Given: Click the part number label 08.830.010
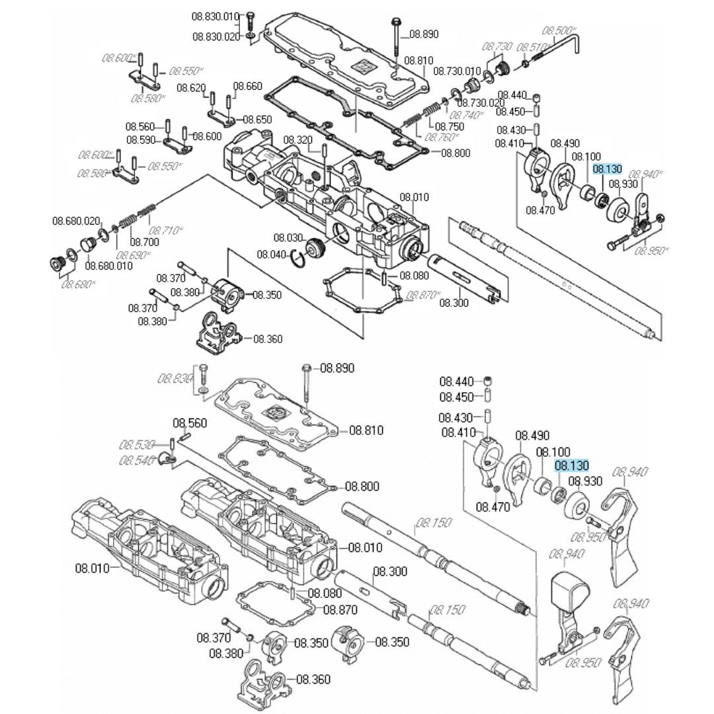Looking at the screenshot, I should [x=216, y=16].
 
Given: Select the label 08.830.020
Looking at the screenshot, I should [x=216, y=37].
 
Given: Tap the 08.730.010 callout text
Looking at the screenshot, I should [x=457, y=71].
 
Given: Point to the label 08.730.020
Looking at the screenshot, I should [x=481, y=102].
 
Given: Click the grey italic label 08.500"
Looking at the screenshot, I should [x=560, y=30].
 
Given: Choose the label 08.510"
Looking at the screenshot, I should [x=533, y=48].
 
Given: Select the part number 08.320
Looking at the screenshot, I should [x=297, y=139].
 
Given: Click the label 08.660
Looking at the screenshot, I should [x=248, y=87].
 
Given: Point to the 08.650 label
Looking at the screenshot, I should [x=257, y=120].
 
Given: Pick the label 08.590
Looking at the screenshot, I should [x=140, y=140].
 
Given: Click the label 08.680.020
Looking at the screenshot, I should [x=76, y=221].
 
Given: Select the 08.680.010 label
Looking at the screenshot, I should [x=109, y=266].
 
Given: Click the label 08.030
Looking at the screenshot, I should [x=288, y=237].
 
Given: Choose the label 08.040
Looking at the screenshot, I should [x=271, y=255].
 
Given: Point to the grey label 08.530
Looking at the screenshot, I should [x=138, y=444].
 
